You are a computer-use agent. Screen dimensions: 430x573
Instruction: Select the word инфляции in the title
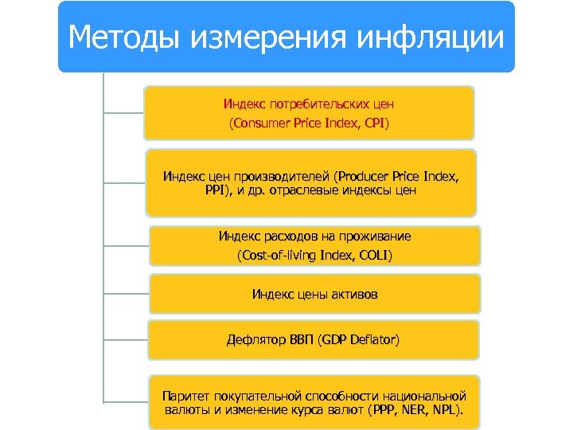pos(431,37)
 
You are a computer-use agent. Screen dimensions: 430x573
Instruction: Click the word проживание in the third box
pos(374,236)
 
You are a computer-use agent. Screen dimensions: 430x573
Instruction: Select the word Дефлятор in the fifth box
pos(255,340)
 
